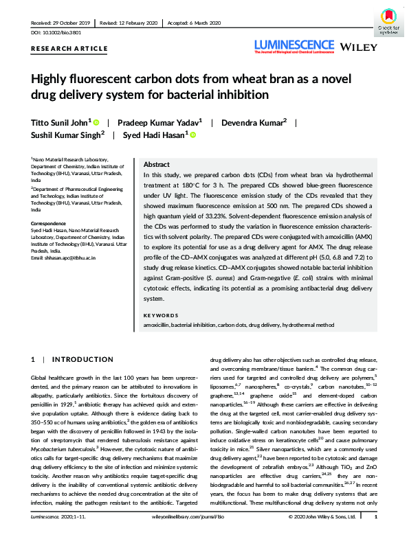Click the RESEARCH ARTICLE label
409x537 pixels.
pyautogui.click(x=69, y=49)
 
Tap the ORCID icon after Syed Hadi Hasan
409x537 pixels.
pyautogui.click(x=192, y=135)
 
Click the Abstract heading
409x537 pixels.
pyautogui.click(x=157, y=166)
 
